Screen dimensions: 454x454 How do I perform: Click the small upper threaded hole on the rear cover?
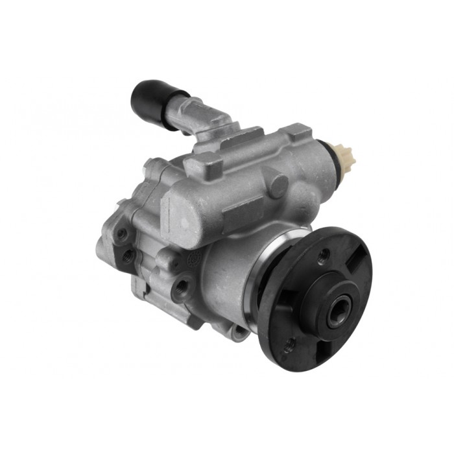coord(121,233)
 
